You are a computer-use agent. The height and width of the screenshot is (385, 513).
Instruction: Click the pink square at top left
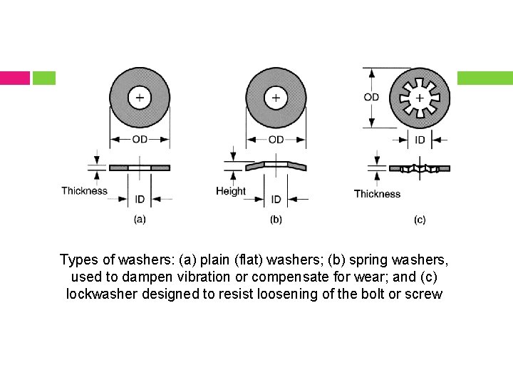click(x=14, y=78)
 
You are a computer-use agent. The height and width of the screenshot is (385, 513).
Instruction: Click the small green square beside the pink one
click(x=43, y=78)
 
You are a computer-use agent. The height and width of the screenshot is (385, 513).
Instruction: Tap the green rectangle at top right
click(x=484, y=78)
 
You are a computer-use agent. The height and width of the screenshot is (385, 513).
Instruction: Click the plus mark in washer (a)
click(x=140, y=98)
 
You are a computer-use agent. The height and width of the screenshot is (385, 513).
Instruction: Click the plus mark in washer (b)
click(x=276, y=98)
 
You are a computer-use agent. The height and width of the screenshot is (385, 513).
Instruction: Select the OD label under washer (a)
click(x=140, y=139)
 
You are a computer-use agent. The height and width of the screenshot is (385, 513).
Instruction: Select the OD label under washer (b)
click(x=276, y=139)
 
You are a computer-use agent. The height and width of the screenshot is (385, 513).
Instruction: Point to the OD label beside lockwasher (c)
click(x=371, y=97)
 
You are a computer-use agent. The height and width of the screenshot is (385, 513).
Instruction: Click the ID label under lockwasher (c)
click(x=420, y=140)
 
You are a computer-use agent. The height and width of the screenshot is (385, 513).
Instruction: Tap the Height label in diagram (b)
click(x=231, y=190)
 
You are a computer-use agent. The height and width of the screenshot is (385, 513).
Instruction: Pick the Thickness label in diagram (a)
click(x=84, y=190)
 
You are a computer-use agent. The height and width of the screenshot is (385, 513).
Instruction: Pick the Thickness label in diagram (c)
click(x=377, y=193)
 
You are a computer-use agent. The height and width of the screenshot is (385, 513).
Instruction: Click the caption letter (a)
click(x=140, y=220)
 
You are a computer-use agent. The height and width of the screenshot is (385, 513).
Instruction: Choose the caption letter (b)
click(x=276, y=220)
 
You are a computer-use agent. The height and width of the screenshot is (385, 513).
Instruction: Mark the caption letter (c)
click(x=420, y=220)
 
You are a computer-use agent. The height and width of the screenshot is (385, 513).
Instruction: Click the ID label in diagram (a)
click(x=140, y=199)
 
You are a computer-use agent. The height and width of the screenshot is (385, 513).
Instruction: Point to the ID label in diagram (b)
click(x=276, y=199)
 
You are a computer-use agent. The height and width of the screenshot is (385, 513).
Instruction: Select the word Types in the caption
click(x=78, y=258)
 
